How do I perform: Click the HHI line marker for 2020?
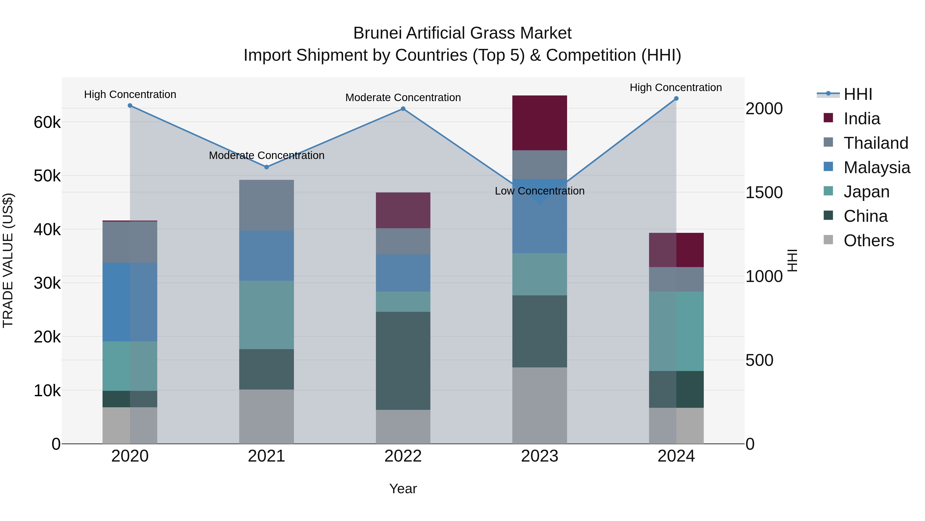coord(130,105)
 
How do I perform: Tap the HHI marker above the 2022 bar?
coord(403,109)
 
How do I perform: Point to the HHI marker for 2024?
coord(676,99)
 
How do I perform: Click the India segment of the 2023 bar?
coord(539,123)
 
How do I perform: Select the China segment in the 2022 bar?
coord(403,361)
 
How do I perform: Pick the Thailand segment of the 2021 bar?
coord(266,205)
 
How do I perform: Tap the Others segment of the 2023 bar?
coord(539,405)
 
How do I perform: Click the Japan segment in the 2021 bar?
coord(266,315)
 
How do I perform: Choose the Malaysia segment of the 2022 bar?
coord(403,273)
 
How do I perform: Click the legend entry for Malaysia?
coord(876,167)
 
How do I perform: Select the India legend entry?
coord(862,119)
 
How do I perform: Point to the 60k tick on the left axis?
coord(47,122)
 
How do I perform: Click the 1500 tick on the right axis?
coord(764,192)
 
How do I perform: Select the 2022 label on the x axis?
coord(403,456)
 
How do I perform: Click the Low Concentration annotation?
coord(539,191)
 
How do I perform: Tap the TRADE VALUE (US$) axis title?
coord(8,260)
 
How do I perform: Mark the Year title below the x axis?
coord(403,489)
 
